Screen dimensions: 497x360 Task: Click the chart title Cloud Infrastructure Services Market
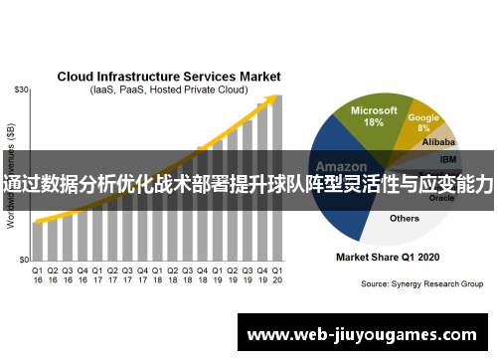168,77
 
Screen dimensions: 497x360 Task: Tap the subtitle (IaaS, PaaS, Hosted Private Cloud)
168,90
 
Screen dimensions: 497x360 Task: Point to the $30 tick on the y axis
20,90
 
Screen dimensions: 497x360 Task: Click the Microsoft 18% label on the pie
374,116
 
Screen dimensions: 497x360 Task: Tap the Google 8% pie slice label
423,121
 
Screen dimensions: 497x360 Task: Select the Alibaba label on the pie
439,143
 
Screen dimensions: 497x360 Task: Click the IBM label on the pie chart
448,159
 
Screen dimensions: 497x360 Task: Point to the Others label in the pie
405,218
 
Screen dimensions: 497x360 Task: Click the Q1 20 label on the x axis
276,274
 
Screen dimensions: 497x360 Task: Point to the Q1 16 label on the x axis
38,274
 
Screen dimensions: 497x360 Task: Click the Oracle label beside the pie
441,198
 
